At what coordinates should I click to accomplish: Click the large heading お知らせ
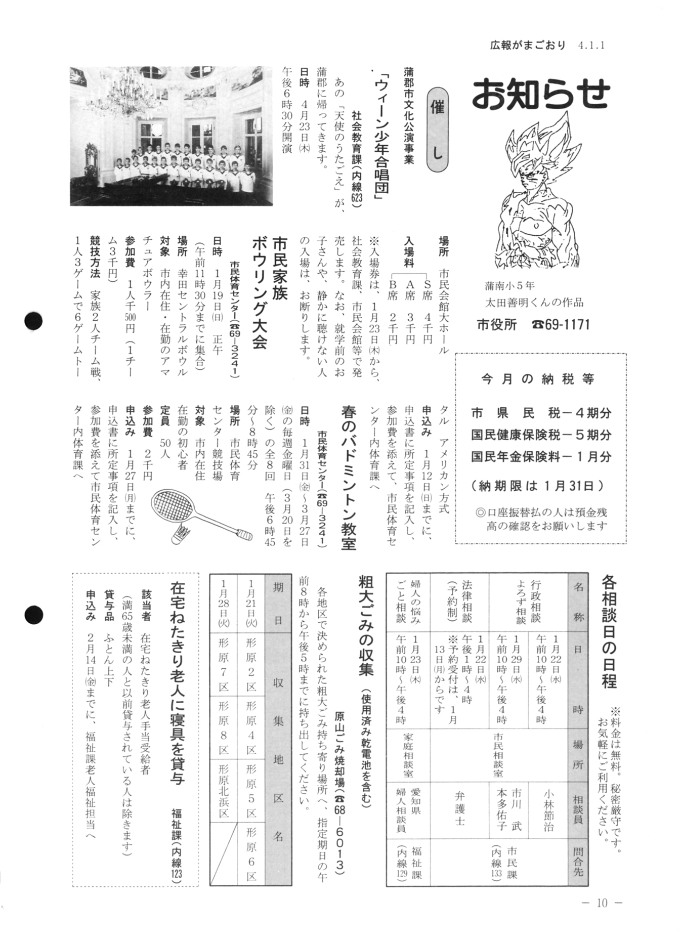click(x=540, y=94)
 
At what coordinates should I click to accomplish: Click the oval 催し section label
click(x=437, y=130)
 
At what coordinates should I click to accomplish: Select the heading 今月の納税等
click(x=538, y=379)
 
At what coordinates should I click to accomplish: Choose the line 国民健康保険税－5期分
click(x=541, y=435)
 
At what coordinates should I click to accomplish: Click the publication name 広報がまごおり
click(x=528, y=45)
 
